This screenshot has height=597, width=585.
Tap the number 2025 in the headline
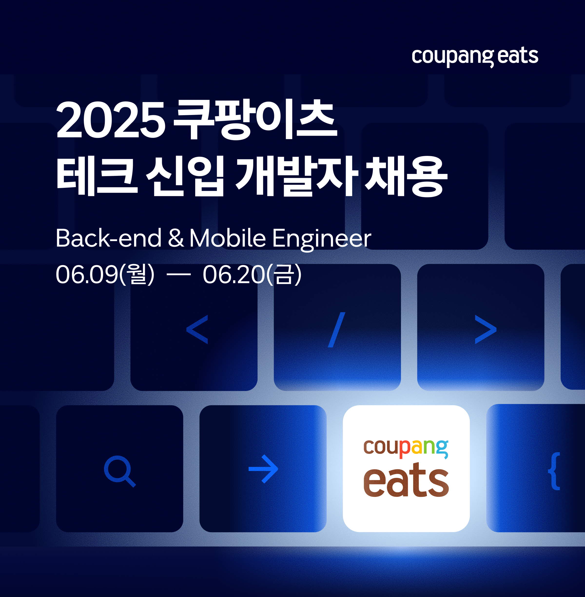(111, 120)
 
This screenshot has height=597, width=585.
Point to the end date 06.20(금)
(252, 274)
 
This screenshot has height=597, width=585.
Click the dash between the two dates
(178, 275)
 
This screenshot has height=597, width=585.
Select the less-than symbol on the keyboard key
(197, 329)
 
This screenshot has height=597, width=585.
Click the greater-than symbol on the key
(486, 329)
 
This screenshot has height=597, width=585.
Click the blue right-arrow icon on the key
(263, 469)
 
